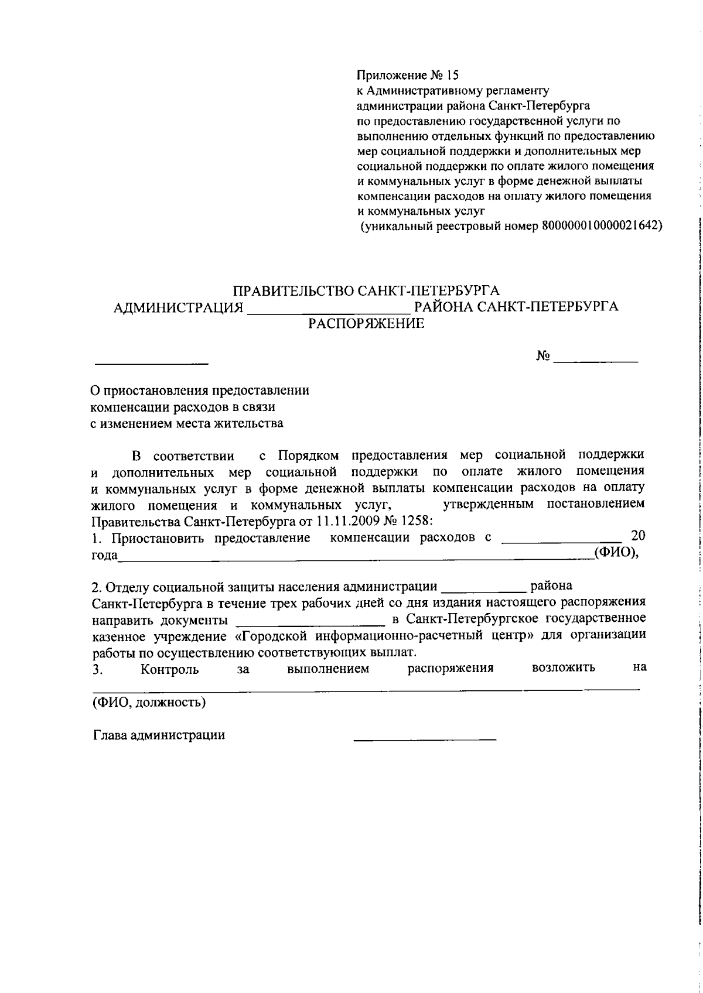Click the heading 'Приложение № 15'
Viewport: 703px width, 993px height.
[x=408, y=76]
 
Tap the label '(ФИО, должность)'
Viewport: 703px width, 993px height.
[x=149, y=702]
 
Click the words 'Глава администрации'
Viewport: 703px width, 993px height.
[x=159, y=735]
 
